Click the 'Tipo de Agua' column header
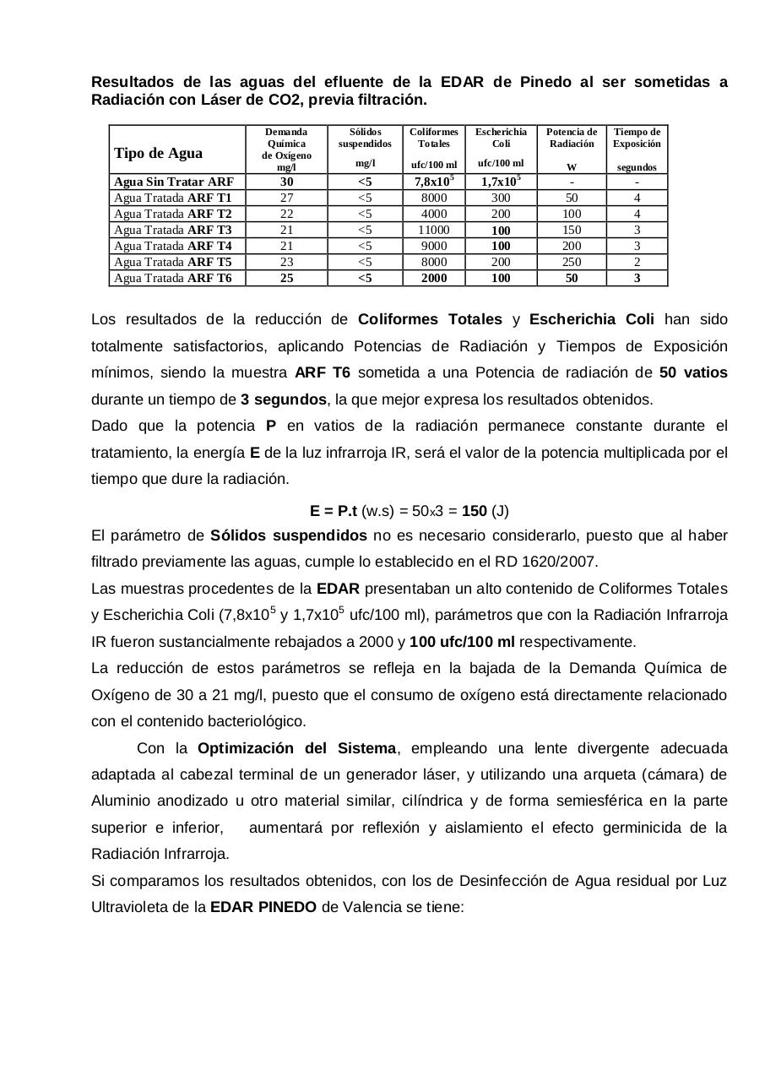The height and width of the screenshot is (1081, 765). pos(158,153)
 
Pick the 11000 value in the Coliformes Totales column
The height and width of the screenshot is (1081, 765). pos(433,230)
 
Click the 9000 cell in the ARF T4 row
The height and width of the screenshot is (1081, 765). pos(433,246)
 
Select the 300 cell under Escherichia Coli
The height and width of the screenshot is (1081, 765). pos(501,198)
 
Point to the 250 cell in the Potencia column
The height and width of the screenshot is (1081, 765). pos(572,262)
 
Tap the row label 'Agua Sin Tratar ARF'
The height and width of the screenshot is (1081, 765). pos(173,182)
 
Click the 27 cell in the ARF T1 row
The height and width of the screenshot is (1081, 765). pos(286,198)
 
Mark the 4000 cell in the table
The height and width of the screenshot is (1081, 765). pos(433,214)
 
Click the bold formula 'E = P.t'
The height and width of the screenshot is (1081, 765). pos(334,511)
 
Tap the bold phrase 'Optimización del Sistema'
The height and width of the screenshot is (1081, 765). pos(296,748)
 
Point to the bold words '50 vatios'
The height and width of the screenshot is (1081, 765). pos(693,372)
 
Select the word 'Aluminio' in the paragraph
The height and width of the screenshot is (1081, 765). pos(117,801)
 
